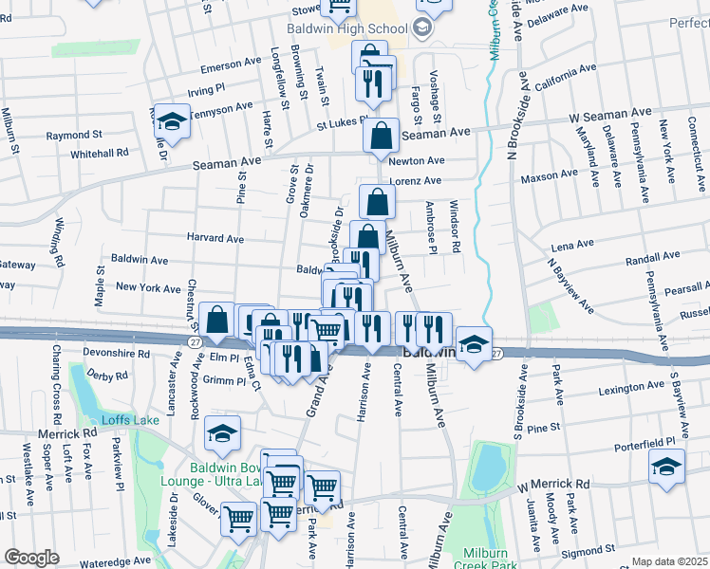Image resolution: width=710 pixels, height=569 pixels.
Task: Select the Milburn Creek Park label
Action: [x=490, y=560]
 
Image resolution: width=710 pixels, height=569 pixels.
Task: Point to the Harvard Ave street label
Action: [x=215, y=239]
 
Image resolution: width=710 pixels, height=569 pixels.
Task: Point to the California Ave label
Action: [x=565, y=78]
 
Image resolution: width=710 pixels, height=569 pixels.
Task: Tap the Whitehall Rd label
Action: [x=99, y=153]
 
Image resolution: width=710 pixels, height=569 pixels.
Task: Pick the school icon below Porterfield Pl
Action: [x=667, y=467]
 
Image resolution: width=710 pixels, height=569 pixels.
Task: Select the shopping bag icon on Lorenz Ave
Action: [x=378, y=201]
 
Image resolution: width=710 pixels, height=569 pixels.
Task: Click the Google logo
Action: [x=32, y=558]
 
